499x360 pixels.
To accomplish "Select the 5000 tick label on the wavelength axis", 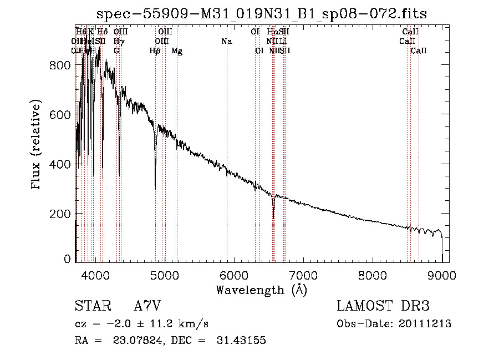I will (x=164, y=275).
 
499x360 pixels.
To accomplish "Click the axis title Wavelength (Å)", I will (x=261, y=290).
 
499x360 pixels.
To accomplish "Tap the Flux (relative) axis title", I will (x=37, y=145).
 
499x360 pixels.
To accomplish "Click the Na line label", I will (x=226, y=42).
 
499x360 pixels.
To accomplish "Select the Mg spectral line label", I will (x=177, y=51).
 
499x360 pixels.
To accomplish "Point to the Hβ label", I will (x=155, y=51).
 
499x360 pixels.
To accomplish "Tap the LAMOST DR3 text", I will (x=383, y=306).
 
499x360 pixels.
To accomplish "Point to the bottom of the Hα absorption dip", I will (x=273, y=217).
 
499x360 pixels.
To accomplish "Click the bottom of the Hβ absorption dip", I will (x=155, y=187).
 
